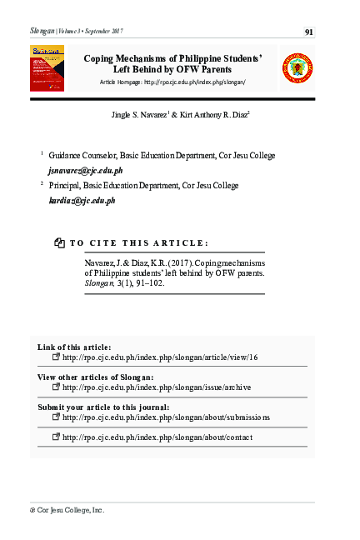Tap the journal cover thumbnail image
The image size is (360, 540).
pos(47,68)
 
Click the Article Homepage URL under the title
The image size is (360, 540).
pos(195,83)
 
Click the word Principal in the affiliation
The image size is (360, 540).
pos(66,186)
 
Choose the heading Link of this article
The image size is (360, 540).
pos(74,347)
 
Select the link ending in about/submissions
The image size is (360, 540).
pos(166,417)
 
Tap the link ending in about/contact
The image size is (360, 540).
pos(157,437)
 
